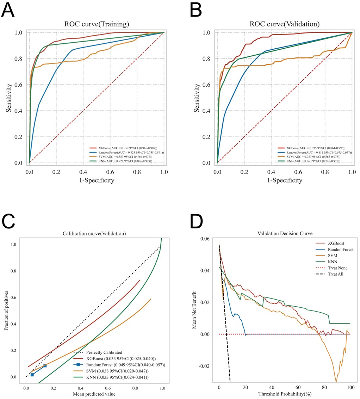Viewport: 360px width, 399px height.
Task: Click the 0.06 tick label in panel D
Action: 205,239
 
